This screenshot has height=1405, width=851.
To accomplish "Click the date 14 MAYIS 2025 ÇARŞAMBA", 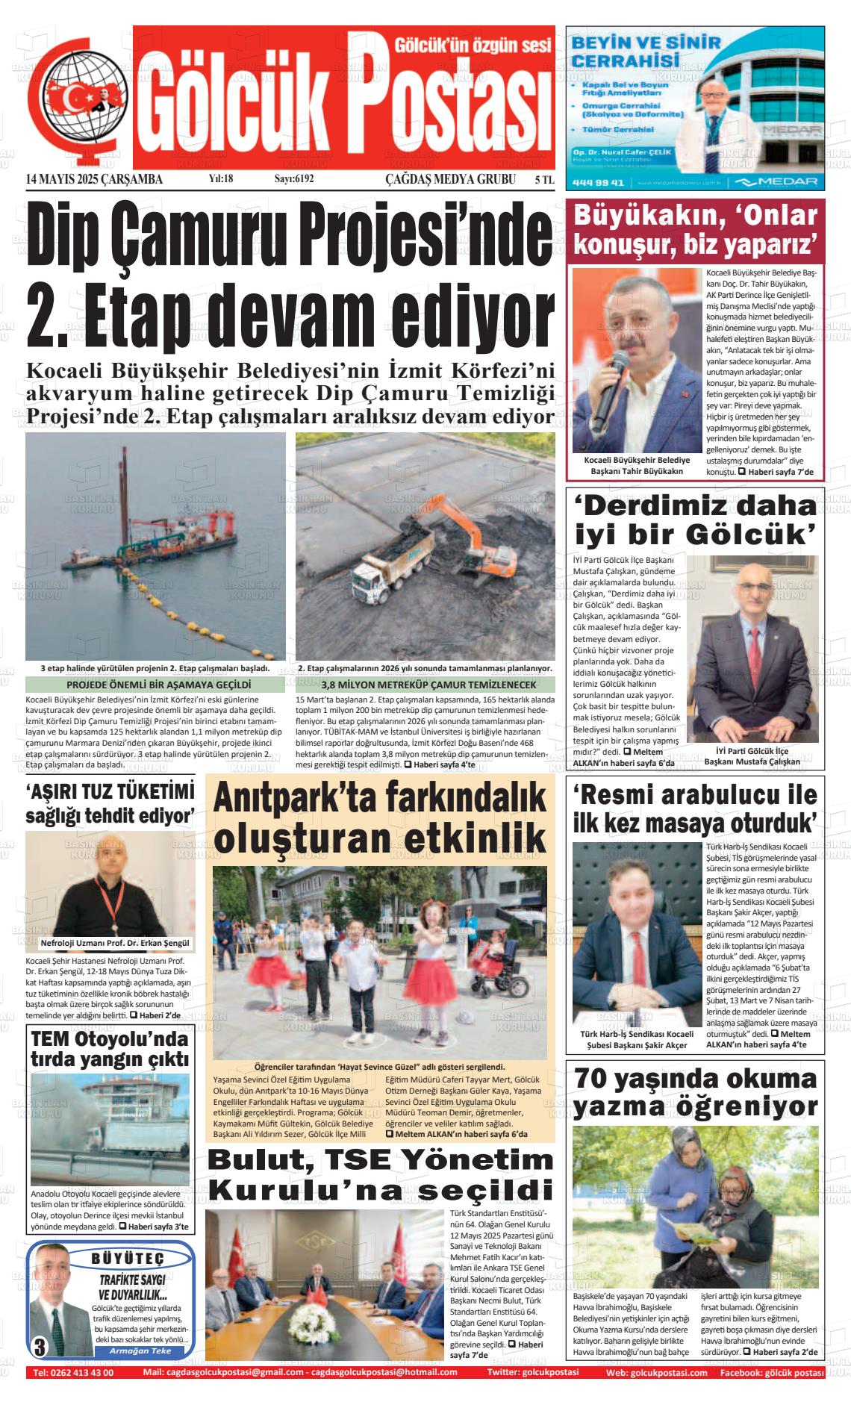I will tap(94, 179).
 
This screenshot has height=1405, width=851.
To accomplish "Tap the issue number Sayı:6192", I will tap(294, 179).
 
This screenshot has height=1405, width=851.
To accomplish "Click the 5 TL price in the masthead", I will tap(544, 179).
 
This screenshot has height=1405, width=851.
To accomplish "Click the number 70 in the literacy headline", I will tap(593, 1080).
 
